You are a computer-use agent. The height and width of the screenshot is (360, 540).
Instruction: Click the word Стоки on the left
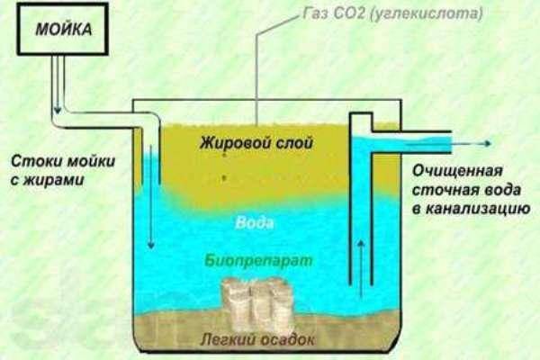(x=35, y=163)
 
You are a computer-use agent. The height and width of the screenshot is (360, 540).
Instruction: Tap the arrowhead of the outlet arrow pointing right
(x=486, y=143)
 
